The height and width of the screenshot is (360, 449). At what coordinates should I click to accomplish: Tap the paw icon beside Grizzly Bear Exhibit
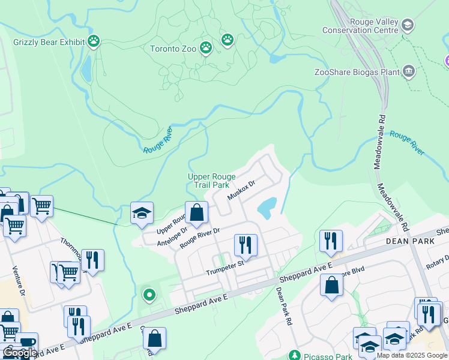click(94, 41)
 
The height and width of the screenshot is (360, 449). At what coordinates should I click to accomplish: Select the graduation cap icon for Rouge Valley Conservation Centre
click(408, 25)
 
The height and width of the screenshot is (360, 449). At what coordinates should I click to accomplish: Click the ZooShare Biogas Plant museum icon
click(409, 72)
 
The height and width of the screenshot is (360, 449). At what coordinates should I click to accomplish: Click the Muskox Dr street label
click(241, 190)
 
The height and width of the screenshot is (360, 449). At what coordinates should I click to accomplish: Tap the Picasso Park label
click(327, 356)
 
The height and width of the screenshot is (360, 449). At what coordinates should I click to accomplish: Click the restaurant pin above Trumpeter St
click(245, 244)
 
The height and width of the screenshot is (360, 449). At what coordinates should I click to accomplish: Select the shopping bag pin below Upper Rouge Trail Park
click(196, 212)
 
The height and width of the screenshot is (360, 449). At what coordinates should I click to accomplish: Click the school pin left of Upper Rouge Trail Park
click(142, 213)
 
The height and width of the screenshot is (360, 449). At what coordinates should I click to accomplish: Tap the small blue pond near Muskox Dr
click(267, 208)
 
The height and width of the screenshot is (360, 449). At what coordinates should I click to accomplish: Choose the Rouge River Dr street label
click(200, 237)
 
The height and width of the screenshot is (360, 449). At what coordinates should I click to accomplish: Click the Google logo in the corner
click(20, 353)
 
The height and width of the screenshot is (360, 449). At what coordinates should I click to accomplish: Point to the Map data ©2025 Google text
click(412, 355)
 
